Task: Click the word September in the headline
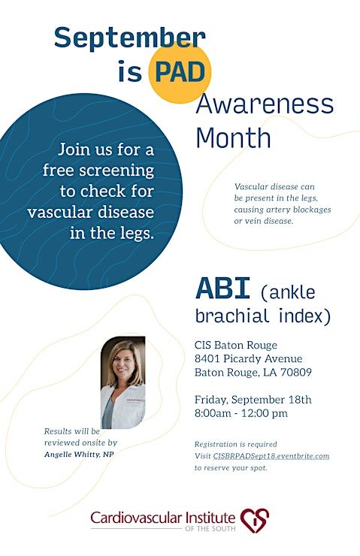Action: [x=130, y=38]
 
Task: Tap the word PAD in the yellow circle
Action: [x=180, y=72]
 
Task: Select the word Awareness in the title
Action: [x=265, y=104]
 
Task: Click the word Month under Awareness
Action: [x=233, y=137]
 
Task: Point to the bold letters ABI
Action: [x=223, y=289]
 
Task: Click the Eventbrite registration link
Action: [x=271, y=456]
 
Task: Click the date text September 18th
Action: [x=271, y=400]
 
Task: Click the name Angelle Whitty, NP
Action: [x=79, y=455]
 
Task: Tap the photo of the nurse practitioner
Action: [x=123, y=382]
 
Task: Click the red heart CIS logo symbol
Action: [x=255, y=521]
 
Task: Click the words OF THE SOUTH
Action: [x=210, y=529]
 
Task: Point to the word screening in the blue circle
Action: [x=116, y=171]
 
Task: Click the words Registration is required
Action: [x=235, y=444]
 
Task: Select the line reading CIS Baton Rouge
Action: [x=236, y=345]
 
